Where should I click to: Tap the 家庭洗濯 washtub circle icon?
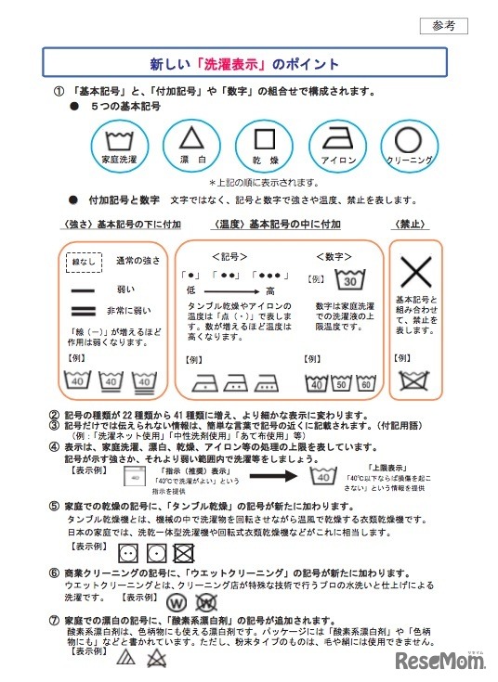tap(119, 145)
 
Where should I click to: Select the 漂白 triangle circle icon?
tap(191, 145)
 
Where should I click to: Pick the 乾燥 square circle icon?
tap(265, 145)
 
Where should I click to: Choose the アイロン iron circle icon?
tap(337, 145)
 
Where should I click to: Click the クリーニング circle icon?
tap(410, 145)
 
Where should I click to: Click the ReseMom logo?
tap(439, 661)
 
